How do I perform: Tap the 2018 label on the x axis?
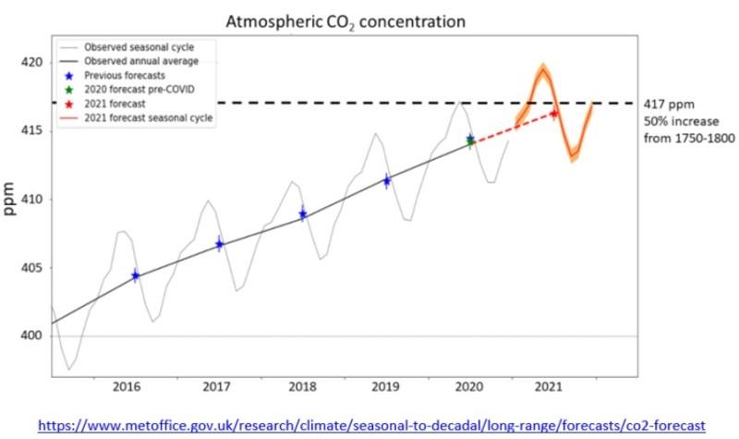click(302, 387)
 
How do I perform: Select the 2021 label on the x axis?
click(553, 387)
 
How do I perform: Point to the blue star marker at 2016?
click(136, 275)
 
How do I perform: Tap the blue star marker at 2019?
click(387, 180)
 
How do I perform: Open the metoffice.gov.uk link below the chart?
click(369, 424)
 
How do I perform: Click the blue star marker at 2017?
click(219, 245)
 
